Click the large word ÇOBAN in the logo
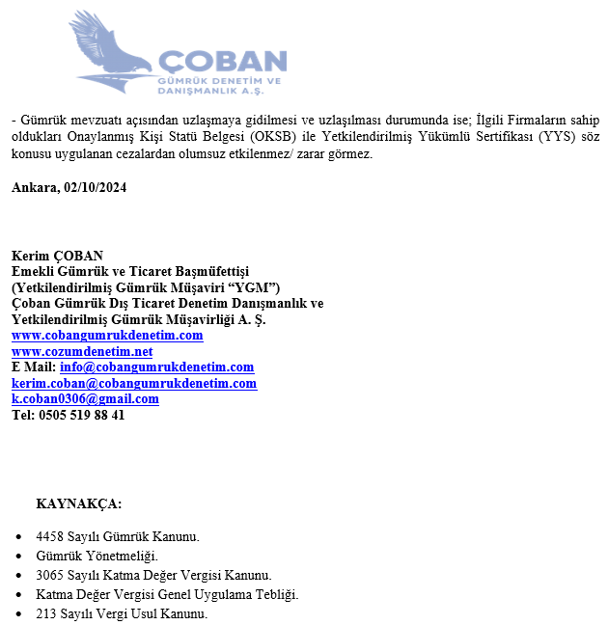click(223, 61)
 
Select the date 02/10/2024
click(96, 188)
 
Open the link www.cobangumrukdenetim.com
click(107, 336)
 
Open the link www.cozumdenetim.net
click(82, 351)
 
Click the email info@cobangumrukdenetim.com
click(156, 367)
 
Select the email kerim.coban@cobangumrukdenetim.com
click(134, 383)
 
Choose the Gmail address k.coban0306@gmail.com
click(85, 399)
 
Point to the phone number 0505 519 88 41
click(81, 415)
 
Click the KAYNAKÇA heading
click(79, 503)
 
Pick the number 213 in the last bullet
click(46, 613)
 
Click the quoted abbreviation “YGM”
click(257, 287)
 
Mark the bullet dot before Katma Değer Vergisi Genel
click(21, 595)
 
